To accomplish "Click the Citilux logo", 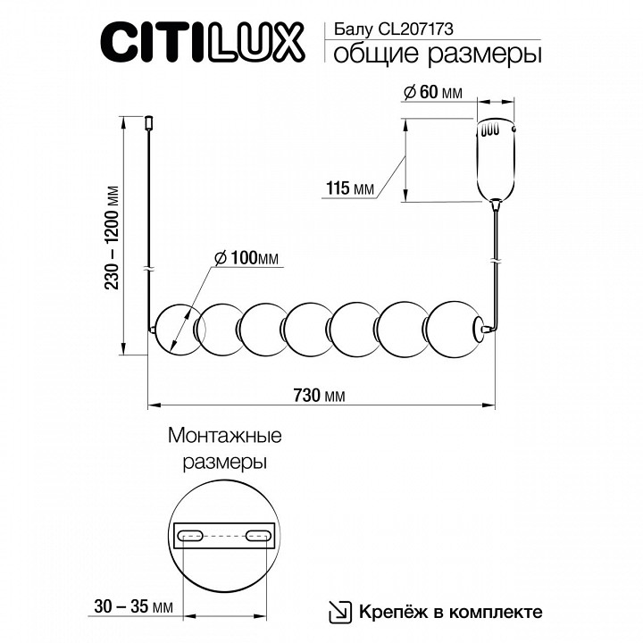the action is [x=203, y=42].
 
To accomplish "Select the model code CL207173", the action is [x=416, y=29].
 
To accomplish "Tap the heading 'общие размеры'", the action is [x=437, y=54].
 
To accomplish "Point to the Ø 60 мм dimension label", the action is [x=433, y=92].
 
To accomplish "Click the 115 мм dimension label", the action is [x=350, y=188].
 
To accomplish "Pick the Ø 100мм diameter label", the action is [x=246, y=258].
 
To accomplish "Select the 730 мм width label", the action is [x=319, y=396].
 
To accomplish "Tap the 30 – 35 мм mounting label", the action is [x=134, y=606].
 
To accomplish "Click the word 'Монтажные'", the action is [x=225, y=436].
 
